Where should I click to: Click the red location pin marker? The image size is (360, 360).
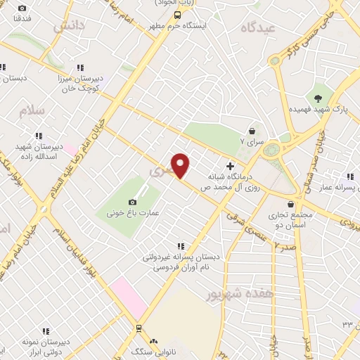coord(181,165)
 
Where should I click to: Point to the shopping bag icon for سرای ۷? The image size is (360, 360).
coord(252,131)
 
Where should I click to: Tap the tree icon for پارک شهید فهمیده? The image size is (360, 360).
coord(319,98)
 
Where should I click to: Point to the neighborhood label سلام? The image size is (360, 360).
coord(32,112)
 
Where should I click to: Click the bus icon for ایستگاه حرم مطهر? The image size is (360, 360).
coord(178,14)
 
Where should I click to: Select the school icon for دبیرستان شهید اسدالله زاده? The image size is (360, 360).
coord(40,135)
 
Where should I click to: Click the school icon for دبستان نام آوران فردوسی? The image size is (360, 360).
coord(181,246)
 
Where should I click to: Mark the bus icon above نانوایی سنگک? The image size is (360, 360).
coord(139,328)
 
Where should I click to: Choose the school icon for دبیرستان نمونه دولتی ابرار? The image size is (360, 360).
coord(46,330)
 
